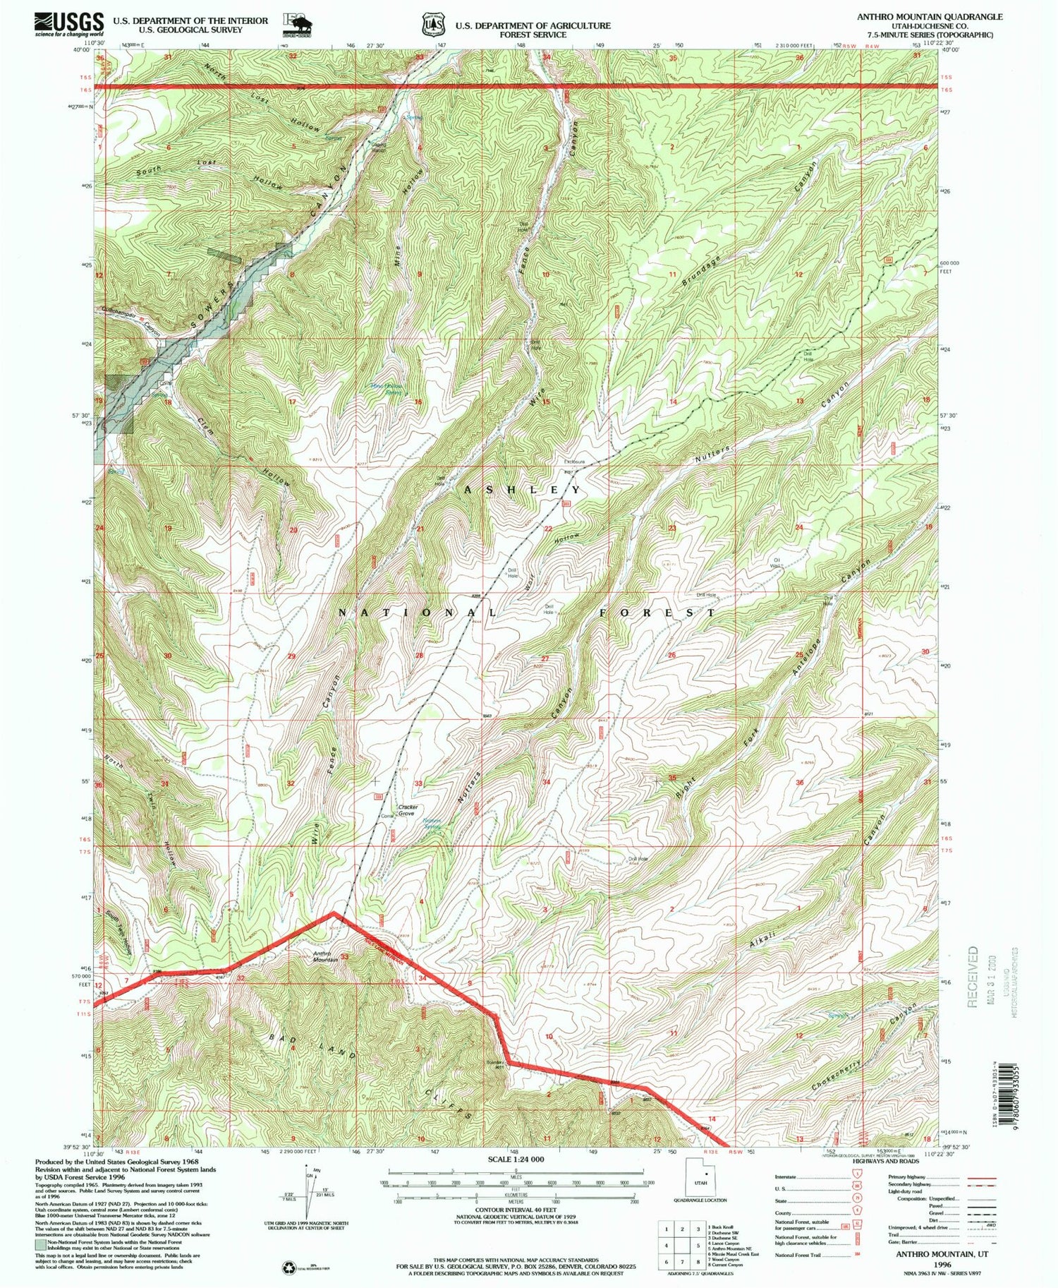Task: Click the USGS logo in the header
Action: pos(69,25)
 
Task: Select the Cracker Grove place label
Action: pos(408,810)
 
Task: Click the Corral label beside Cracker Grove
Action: pos(387,817)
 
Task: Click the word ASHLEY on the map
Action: pos(523,489)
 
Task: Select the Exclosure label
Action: pos(573,462)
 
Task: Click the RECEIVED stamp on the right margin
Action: pos(974,976)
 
